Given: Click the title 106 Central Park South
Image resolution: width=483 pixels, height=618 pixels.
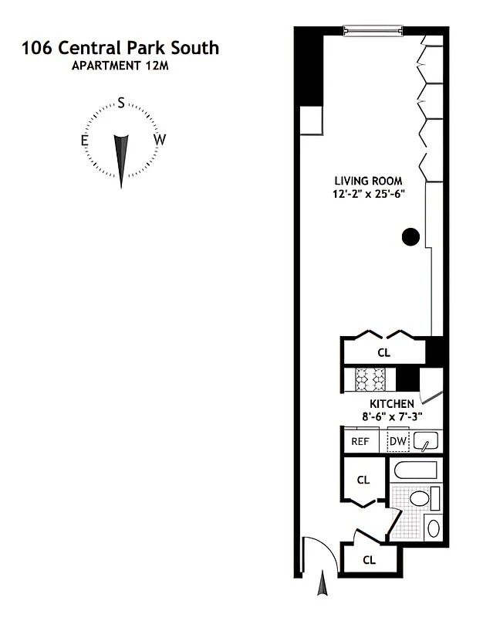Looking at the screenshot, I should point(120,48).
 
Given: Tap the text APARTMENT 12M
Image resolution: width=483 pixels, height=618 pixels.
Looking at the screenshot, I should point(120,66).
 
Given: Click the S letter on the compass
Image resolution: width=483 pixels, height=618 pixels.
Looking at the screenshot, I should point(121,103).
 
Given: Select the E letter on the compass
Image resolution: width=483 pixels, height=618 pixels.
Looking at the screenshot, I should point(84,140).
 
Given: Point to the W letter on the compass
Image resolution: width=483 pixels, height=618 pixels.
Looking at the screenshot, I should point(159,140).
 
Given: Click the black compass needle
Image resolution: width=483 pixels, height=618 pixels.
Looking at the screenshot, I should point(121,158).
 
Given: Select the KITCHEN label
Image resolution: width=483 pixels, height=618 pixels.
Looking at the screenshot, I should point(392,404).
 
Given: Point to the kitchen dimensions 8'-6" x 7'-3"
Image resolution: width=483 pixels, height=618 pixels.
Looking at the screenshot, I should point(392,417).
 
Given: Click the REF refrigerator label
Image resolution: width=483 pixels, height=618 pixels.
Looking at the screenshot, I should point(360,442).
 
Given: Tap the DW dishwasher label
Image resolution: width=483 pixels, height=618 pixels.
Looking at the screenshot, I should point(397,442).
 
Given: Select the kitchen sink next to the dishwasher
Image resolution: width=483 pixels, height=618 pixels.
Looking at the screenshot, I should point(425,442).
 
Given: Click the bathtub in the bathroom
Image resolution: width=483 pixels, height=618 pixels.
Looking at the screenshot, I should point(416,470).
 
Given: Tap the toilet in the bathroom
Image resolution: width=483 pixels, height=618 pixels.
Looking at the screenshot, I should point(418,497).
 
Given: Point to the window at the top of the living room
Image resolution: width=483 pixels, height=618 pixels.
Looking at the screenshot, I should point(373,30).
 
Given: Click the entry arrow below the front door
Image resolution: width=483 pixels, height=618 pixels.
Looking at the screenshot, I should point(323,586).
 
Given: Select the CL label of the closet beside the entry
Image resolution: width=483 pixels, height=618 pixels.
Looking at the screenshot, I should point(369,560).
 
